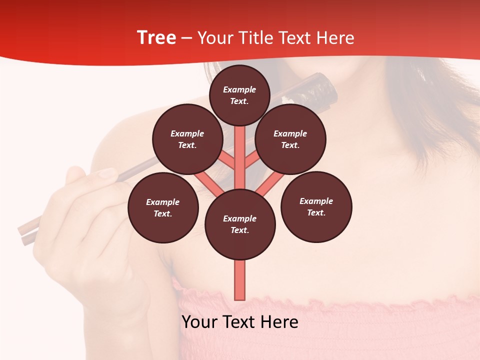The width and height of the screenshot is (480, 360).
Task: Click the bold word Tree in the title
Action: click(156, 38)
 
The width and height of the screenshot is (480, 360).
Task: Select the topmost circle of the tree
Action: click(239, 95)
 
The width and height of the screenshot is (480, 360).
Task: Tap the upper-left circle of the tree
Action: click(187, 139)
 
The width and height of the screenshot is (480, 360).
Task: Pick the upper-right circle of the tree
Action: click(290, 139)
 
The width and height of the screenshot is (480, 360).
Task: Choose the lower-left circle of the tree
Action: click(163, 207)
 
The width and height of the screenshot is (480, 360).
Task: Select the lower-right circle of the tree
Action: click(316, 206)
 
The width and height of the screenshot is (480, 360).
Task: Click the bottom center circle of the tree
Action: click(240, 224)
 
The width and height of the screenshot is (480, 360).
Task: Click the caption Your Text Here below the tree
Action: click(239, 322)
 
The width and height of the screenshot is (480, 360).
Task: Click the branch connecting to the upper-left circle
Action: click(226, 160)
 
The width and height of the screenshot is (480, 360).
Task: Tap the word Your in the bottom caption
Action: click(199, 322)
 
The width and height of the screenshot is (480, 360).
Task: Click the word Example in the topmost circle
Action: click(239, 89)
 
